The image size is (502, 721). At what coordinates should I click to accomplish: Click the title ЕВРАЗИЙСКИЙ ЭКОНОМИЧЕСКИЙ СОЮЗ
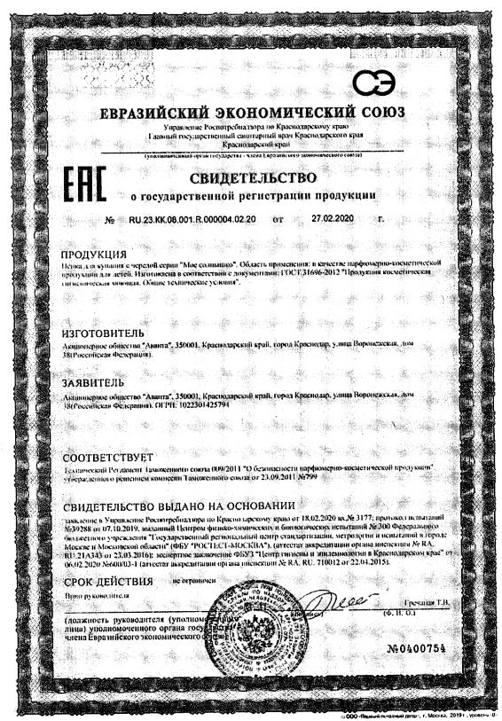[x=252, y=114]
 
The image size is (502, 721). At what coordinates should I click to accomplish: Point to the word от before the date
[x=278, y=218]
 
